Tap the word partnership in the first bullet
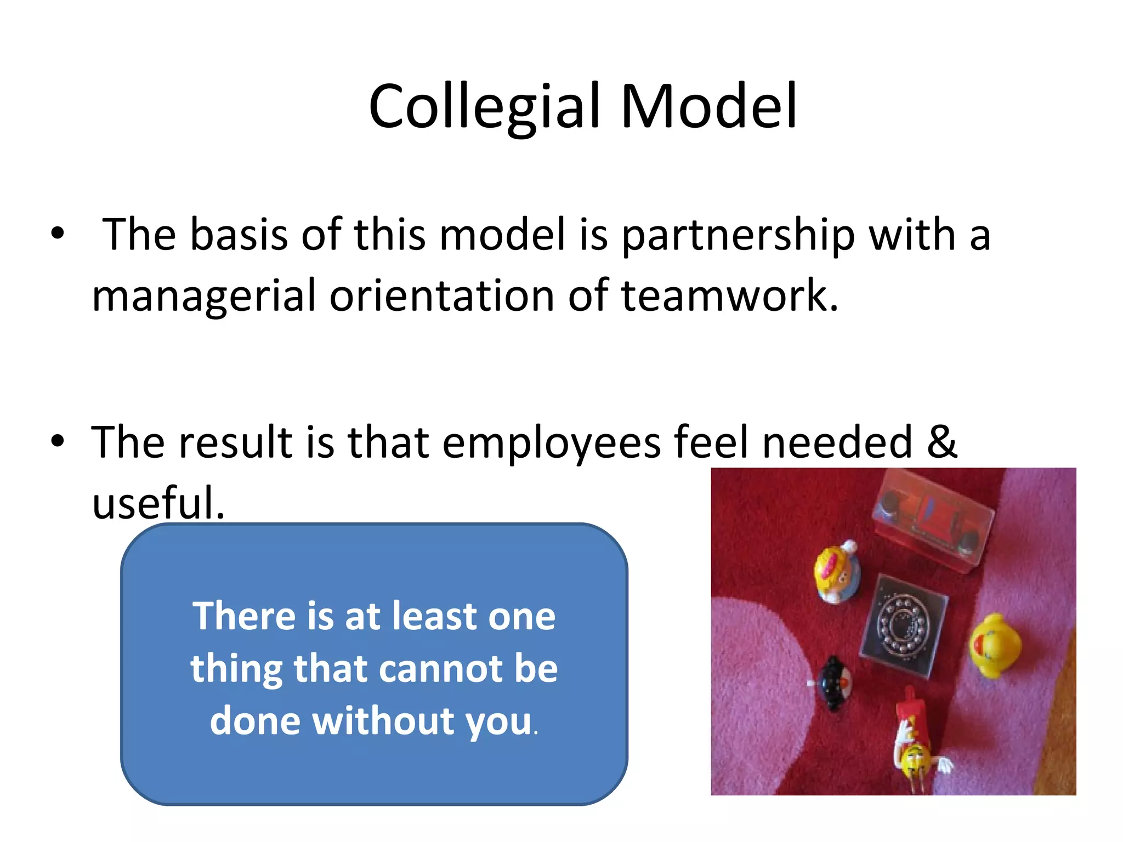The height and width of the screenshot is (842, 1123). point(738,235)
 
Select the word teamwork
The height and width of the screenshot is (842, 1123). point(729,296)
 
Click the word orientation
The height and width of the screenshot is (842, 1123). point(442,296)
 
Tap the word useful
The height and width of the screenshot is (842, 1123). point(158,503)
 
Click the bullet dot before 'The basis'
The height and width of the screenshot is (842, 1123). point(58,235)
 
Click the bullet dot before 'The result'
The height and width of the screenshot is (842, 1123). point(58,441)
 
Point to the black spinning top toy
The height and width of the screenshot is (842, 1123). point(834,683)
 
